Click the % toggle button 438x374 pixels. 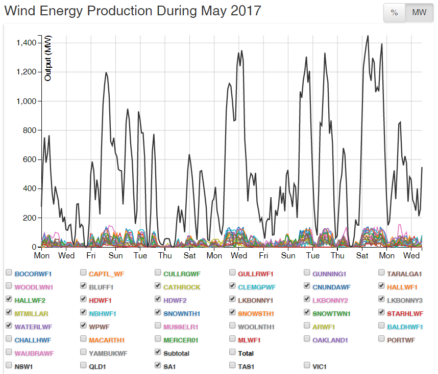tap(394, 13)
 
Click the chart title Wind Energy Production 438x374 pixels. tap(133, 11)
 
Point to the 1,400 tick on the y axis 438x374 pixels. tap(25, 43)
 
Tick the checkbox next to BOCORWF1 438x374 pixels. tap(9, 273)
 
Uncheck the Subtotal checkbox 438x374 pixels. tap(158, 353)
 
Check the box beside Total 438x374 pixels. tap(233, 353)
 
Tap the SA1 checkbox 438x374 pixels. tap(158, 365)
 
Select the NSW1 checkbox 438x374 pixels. tap(9, 365)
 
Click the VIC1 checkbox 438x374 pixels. tap(308, 365)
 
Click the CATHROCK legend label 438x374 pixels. tap(182, 287)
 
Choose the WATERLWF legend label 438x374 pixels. tap(33, 327)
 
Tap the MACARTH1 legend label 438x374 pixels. tap(107, 340)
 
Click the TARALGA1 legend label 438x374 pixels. tap(404, 274)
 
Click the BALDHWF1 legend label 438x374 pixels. tap(405, 327)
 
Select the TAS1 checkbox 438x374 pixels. tap(233, 365)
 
